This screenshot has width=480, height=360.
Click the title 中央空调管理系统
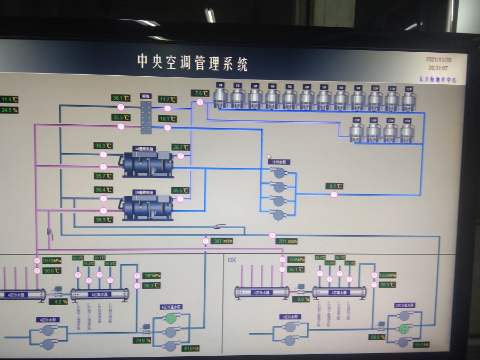[192, 63]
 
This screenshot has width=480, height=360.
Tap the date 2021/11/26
[438, 60]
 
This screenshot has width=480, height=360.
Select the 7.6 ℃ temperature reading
[199, 93]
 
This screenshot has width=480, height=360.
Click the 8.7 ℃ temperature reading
[334, 186]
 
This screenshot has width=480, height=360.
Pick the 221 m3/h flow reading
[287, 241]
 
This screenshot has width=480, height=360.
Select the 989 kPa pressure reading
[152, 276]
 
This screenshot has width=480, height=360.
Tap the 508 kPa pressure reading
[296, 260]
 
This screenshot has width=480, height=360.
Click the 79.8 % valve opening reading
[142, 340]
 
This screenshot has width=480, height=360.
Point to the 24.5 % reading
[9, 110]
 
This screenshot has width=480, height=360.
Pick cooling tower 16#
[407, 132]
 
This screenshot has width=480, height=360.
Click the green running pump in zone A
[171, 318]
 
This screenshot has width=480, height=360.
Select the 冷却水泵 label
[278, 162]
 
